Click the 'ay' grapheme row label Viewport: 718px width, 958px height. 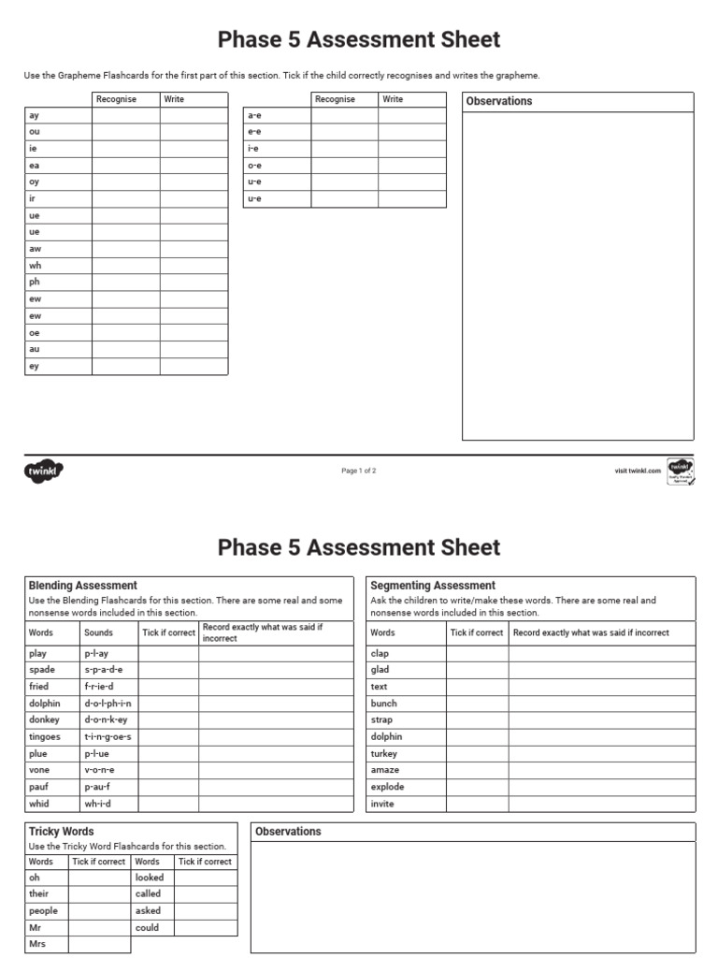[x=35, y=115]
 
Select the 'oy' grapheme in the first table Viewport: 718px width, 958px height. [x=35, y=182]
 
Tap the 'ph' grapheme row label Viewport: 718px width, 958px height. [x=35, y=282]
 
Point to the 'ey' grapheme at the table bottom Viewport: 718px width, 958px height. [x=35, y=367]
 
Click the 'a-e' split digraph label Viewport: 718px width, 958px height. [x=253, y=115]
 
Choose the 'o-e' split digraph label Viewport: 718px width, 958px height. [x=253, y=166]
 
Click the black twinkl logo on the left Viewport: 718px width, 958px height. [x=42, y=472]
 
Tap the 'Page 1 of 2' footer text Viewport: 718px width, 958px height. [x=359, y=472]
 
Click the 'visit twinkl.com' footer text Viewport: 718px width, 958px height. [x=638, y=472]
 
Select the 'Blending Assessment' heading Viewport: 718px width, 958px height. [x=83, y=586]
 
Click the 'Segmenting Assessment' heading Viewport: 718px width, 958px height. [x=433, y=586]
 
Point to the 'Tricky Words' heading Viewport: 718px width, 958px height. [x=62, y=831]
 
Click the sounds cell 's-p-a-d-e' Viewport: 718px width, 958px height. [x=104, y=670]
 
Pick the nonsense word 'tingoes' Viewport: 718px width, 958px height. [x=45, y=736]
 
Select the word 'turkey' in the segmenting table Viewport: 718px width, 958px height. [x=384, y=753]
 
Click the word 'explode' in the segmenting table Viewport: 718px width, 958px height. [x=387, y=787]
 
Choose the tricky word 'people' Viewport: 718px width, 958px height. [x=43, y=910]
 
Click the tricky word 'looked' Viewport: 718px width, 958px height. [x=150, y=878]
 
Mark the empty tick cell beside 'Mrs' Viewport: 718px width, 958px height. [x=100, y=944]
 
